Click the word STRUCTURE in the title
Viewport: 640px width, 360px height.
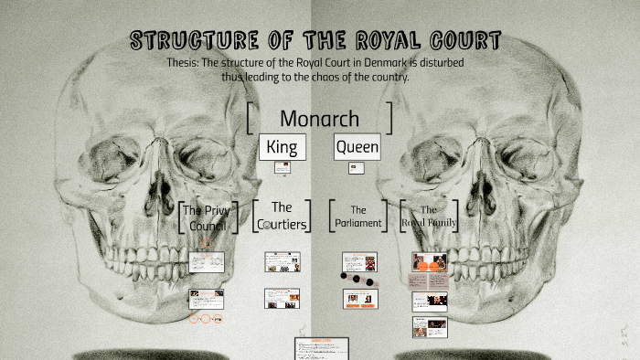(x=185, y=41)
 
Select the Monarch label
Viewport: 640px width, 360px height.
(x=319, y=119)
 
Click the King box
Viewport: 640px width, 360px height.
(x=282, y=146)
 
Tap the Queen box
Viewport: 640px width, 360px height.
(x=357, y=146)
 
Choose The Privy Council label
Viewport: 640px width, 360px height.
(x=207, y=217)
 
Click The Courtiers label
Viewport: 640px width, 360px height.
(x=282, y=216)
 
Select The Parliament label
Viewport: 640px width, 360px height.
(x=358, y=216)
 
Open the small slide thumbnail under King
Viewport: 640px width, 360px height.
(x=282, y=167)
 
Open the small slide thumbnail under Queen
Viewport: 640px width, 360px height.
(x=357, y=167)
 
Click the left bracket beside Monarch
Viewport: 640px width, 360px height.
(x=251, y=119)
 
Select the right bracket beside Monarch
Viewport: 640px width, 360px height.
(x=390, y=119)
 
